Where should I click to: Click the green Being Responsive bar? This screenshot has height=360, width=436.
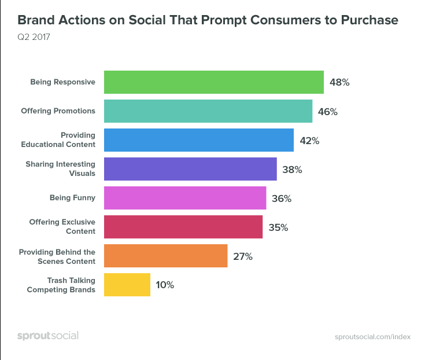pyautogui.click(x=213, y=82)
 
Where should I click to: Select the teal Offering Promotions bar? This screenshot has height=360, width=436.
pyautogui.click(x=208, y=111)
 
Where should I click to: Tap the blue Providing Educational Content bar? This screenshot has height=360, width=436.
pyautogui.click(x=199, y=140)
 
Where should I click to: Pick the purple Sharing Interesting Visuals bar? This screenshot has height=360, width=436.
pyautogui.click(x=190, y=169)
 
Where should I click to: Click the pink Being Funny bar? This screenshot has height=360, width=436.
pyautogui.click(x=185, y=198)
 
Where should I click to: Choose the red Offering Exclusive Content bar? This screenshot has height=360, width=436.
pyautogui.click(x=183, y=227)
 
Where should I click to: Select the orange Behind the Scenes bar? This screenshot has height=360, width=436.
pyautogui.click(x=165, y=256)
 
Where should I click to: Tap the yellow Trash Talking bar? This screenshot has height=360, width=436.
pyautogui.click(x=127, y=285)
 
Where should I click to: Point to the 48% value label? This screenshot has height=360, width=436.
pyautogui.click(x=339, y=82)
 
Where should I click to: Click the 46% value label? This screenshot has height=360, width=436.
pyautogui.click(x=328, y=111)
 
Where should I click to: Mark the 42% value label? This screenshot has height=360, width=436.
pyautogui.click(x=309, y=141)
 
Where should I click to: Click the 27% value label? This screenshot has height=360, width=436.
pyautogui.click(x=242, y=256)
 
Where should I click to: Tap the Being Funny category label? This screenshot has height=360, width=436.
pyautogui.click(x=72, y=198)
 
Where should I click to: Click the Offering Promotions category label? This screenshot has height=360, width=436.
pyautogui.click(x=58, y=111)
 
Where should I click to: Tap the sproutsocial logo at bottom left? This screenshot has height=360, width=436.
pyautogui.click(x=47, y=336)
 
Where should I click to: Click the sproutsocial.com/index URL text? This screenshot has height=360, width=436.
pyautogui.click(x=372, y=337)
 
